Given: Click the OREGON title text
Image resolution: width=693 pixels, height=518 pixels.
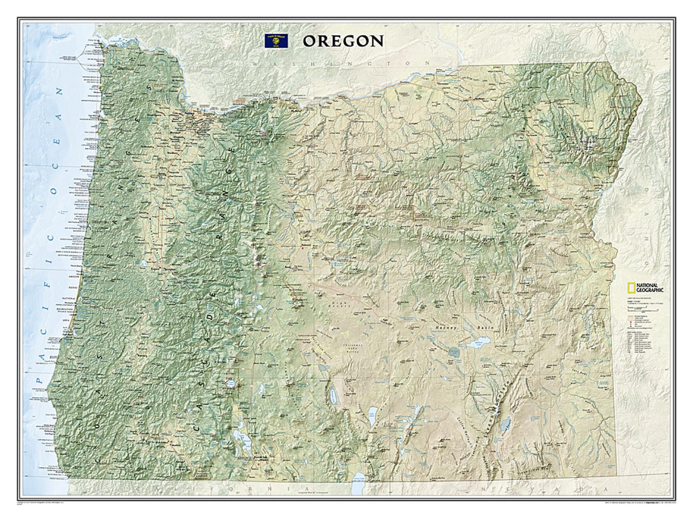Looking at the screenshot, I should point(343,41).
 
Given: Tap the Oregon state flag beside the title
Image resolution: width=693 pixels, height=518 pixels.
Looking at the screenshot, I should point(277,41).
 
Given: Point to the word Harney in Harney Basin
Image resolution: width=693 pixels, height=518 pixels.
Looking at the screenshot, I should point(442,327).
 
